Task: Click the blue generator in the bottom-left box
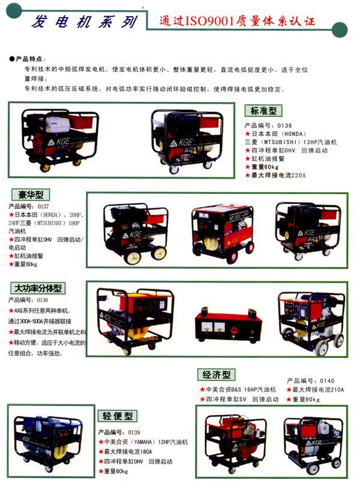pyautogui.click(x=46, y=439)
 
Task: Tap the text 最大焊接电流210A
pyautogui.click(x=318, y=390)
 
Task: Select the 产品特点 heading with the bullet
pyautogui.click(x=28, y=59)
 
